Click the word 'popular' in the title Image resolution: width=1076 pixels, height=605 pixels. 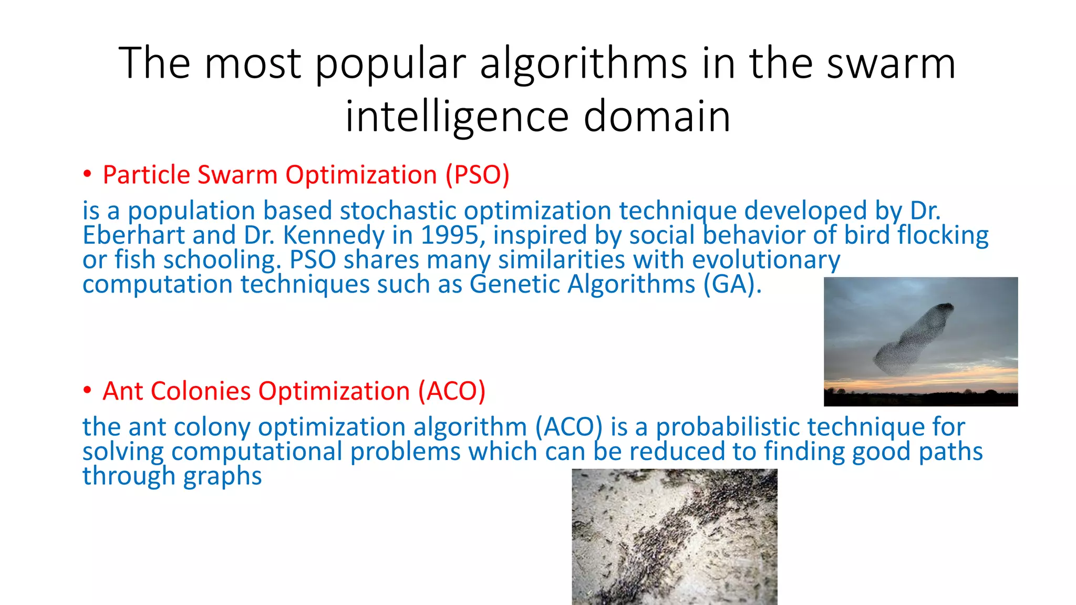tap(390, 64)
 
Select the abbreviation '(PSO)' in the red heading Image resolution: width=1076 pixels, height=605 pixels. tap(478, 175)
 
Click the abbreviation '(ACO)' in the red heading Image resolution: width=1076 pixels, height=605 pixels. tap(452, 391)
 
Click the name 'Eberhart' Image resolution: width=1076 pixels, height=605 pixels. tap(133, 235)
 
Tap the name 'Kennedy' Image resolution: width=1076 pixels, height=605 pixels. tap(334, 235)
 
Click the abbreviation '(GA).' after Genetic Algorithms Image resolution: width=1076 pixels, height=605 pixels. tap(732, 285)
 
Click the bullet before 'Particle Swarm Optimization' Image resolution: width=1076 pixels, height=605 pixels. tap(87, 174)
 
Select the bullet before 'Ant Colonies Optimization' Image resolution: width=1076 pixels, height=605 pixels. tap(87, 391)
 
